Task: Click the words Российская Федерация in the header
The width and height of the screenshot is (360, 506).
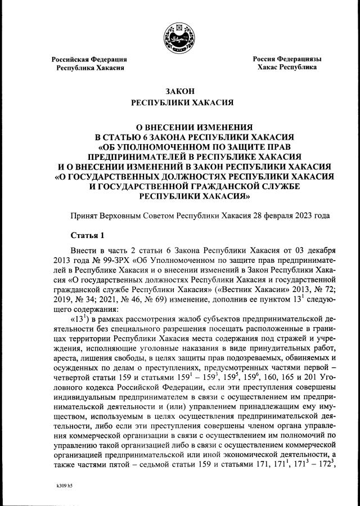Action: click(x=89, y=59)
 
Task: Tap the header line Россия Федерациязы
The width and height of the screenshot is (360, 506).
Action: click(x=286, y=59)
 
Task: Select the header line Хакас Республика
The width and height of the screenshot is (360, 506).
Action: click(x=286, y=68)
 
